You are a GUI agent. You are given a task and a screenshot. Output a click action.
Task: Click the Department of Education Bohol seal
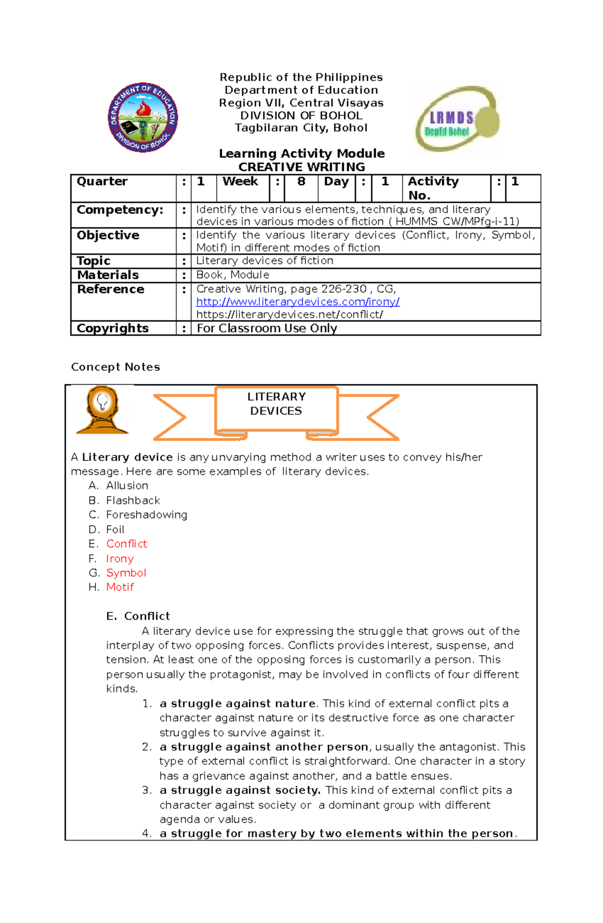[x=143, y=118]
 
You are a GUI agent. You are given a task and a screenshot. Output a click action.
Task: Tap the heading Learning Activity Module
[x=301, y=153]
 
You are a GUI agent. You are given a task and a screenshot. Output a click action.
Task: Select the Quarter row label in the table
[x=102, y=182]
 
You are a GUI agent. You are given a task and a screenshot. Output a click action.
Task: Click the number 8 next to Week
[x=301, y=182]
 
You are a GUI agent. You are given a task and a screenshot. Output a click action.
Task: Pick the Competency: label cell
[x=120, y=210]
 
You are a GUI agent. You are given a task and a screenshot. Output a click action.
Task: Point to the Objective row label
[x=108, y=235]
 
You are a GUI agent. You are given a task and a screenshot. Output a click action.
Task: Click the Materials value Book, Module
[x=233, y=275]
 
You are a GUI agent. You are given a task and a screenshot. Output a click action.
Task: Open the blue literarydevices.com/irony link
[x=297, y=302]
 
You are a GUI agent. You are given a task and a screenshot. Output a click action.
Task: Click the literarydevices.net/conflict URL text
[x=289, y=315]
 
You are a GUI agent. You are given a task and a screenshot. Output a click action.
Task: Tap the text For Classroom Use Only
[x=267, y=328]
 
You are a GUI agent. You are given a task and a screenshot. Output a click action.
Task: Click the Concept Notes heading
[x=116, y=367]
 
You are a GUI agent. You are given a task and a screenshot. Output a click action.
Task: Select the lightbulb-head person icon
[x=103, y=410]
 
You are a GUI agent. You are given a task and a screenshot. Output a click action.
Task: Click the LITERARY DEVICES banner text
[x=276, y=404]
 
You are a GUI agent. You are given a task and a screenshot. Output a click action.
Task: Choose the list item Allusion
[x=127, y=486]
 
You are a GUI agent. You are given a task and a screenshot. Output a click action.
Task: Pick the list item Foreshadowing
[x=147, y=515]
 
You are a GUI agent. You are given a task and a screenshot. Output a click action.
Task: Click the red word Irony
[x=120, y=559]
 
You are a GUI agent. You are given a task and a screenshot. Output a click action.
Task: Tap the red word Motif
[x=120, y=588]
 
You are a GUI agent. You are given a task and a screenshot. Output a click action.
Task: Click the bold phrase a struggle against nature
[x=238, y=704]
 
